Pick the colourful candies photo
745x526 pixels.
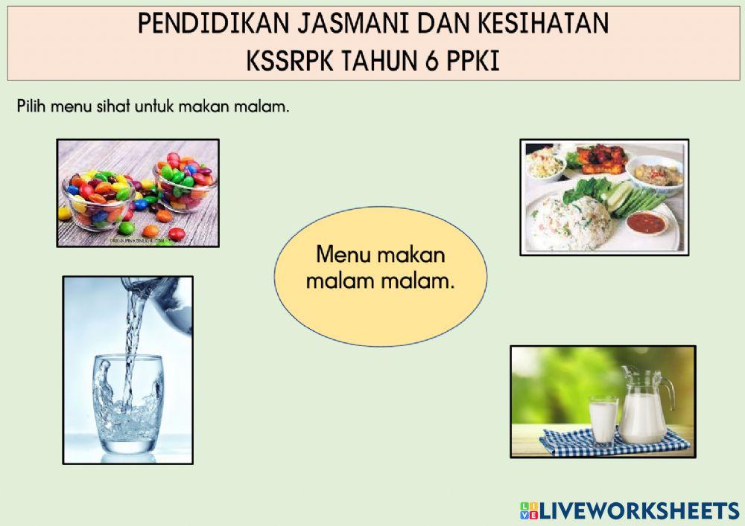tap(138, 193)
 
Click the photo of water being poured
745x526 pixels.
tap(127, 370)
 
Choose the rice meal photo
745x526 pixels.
tap(603, 197)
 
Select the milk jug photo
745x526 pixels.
tap(602, 401)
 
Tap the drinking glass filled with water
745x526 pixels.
tap(127, 405)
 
